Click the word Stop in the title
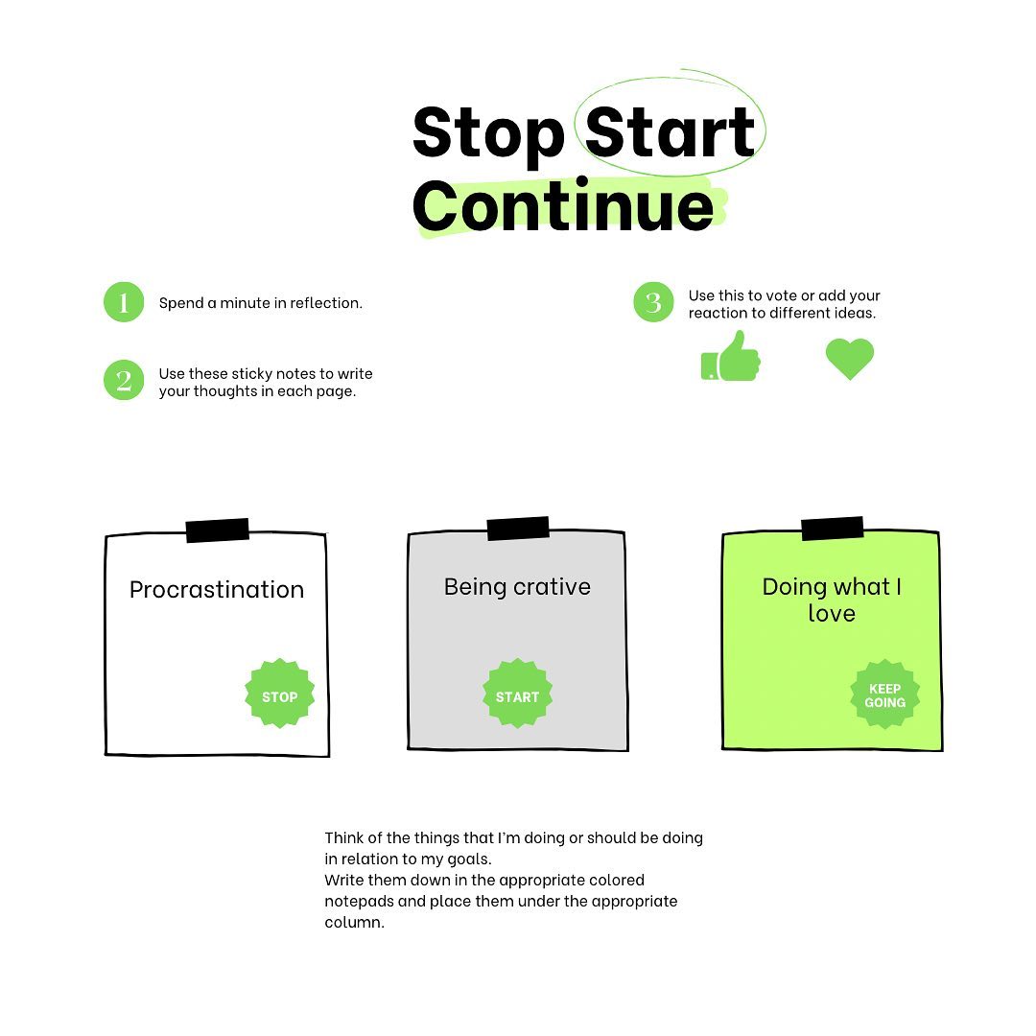pos(488,135)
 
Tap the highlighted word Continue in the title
pos(563,205)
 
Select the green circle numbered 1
pos(124,302)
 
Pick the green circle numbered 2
pos(124,380)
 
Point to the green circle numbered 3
pos(653,302)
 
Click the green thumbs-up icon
pos(731,357)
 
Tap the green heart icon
pos(850,359)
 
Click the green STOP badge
pos(279,694)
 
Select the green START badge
pos(517,694)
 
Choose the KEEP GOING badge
pos(884,695)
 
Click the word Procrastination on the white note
pos(217,589)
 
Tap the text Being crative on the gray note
pos(517,587)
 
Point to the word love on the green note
pos(832,614)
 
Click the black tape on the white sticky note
pos(218,530)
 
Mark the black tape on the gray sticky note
pos(518,529)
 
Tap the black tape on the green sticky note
pos(833,529)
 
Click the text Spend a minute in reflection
pos(260,303)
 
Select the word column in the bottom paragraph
pos(354,923)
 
